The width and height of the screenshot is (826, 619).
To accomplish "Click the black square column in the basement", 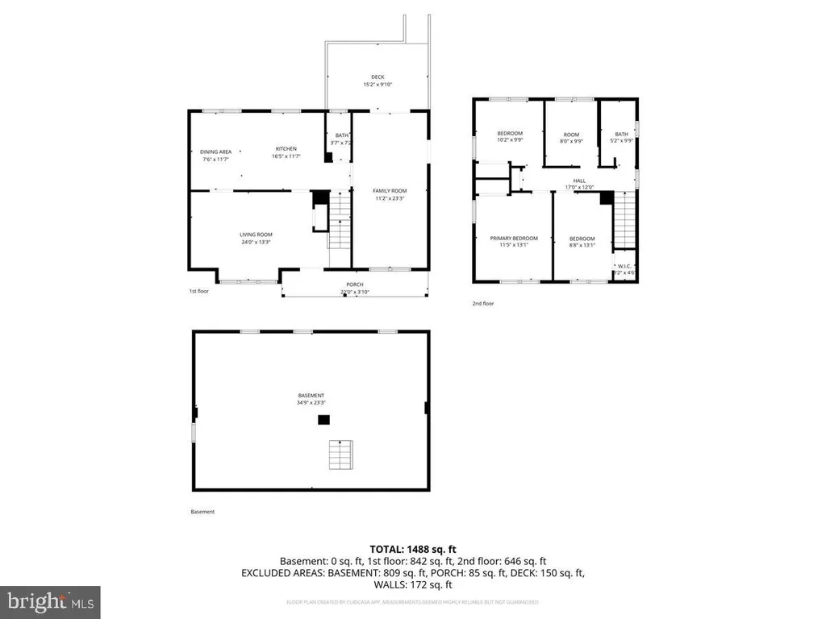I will coord(323,419).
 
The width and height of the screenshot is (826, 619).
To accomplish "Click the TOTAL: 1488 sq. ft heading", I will coord(412,548).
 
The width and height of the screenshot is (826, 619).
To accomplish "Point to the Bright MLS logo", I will coord(50,601).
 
